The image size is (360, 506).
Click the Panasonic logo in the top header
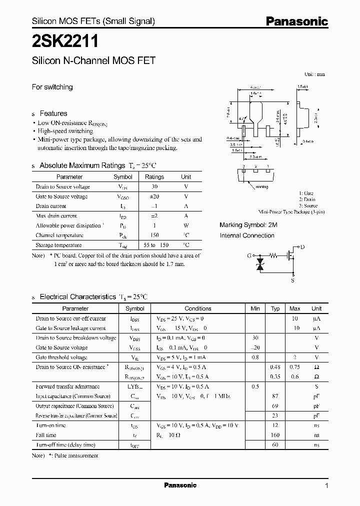[x=296, y=21]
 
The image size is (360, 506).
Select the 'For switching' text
[x=52, y=87]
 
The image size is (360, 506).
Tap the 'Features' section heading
[x=53, y=113]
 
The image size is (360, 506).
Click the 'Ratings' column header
[x=154, y=176]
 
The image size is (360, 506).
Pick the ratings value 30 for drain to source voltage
[x=154, y=186]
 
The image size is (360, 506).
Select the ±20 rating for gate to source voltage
[x=154, y=196]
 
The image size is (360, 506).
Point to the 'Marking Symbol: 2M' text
[x=248, y=225]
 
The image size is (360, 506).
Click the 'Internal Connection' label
[x=247, y=235]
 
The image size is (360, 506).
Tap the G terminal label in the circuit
[x=248, y=255]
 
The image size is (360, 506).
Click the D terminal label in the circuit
[x=302, y=247]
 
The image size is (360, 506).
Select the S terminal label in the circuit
[x=292, y=281]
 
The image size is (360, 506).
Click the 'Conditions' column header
[x=198, y=308]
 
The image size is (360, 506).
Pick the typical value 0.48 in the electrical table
[x=275, y=367]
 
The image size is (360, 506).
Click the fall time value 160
[x=275, y=435]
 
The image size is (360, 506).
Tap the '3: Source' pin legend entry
[x=307, y=205]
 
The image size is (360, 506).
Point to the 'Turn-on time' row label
[x=51, y=425]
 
